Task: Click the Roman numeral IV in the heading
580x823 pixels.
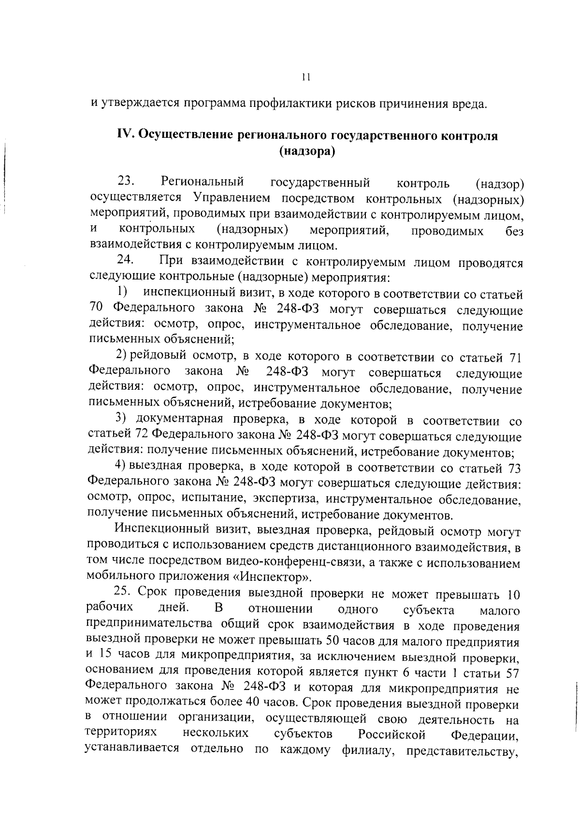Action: (126, 135)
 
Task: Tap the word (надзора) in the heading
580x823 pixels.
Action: (307, 151)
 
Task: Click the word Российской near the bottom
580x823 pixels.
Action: (391, 735)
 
